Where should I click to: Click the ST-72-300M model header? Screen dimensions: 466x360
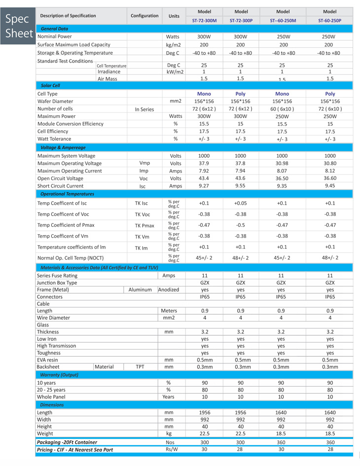(x=204, y=21)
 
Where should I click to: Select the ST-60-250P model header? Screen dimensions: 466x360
(x=329, y=21)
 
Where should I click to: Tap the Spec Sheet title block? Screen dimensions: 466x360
(x=17, y=27)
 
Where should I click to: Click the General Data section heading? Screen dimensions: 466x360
(x=54, y=29)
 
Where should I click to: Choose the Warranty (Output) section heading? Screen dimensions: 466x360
(x=59, y=375)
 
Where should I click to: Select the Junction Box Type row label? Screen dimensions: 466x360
(x=57, y=283)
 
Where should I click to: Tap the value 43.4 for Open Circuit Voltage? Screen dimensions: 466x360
(x=204, y=178)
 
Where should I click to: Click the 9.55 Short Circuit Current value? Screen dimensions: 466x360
(x=241, y=186)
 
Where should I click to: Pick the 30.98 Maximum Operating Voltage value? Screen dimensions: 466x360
(x=283, y=163)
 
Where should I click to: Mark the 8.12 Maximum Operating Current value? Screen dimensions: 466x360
(x=330, y=171)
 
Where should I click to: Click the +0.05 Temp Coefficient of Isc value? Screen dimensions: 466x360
(x=241, y=203)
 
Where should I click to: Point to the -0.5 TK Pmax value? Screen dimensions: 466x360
(x=241, y=225)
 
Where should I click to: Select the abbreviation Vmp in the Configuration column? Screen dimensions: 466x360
(x=144, y=163)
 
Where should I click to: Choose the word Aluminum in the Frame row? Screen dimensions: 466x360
(x=140, y=290)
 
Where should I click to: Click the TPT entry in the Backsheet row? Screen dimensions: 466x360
(x=140, y=367)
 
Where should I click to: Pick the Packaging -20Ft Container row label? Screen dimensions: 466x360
(x=67, y=442)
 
